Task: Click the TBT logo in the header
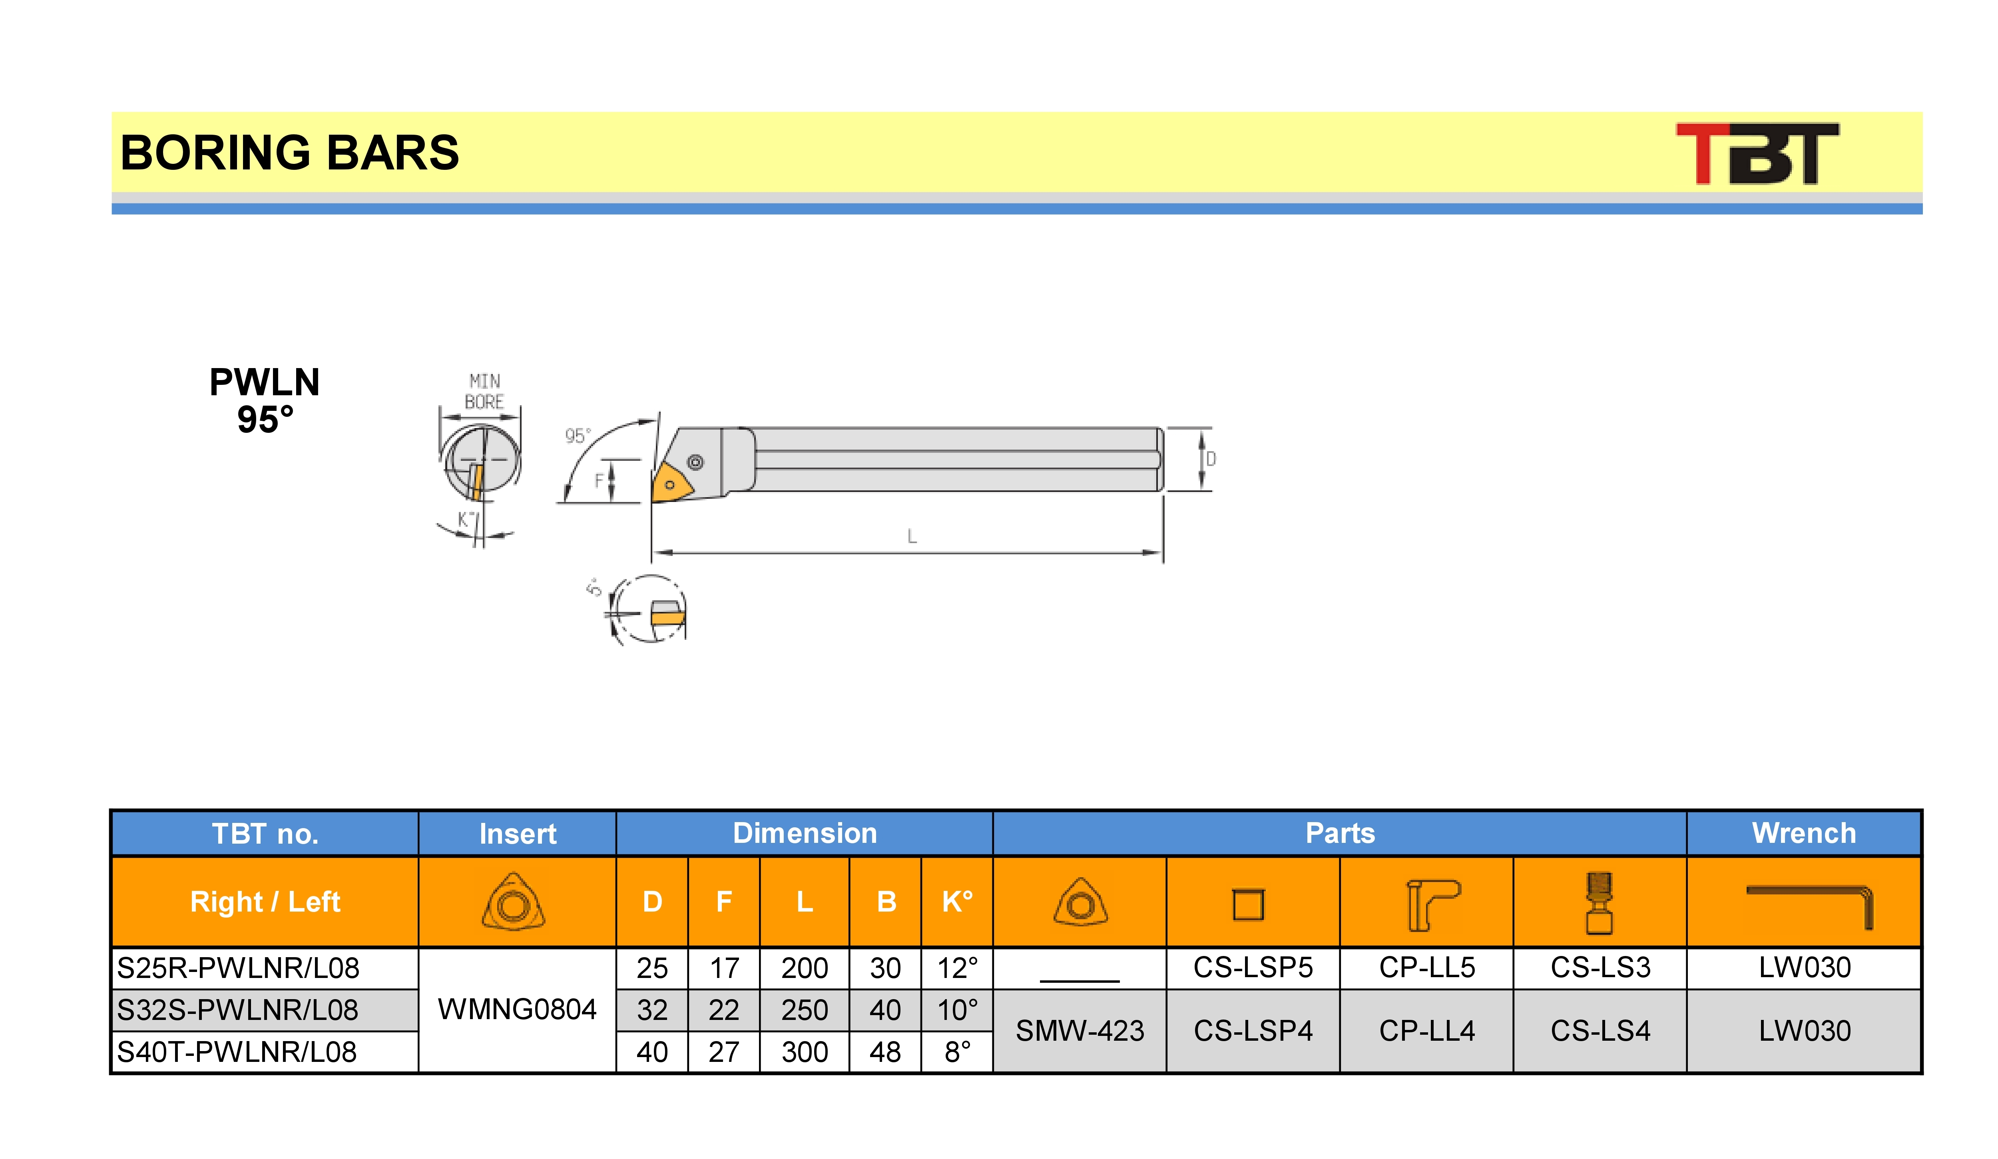point(1757,153)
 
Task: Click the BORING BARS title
point(289,152)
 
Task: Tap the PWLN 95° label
point(265,400)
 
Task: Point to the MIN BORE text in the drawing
point(484,392)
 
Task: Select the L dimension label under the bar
point(912,537)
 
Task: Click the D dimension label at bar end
point(1211,459)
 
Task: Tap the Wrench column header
point(1804,833)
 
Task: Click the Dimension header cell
point(805,833)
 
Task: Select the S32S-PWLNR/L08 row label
point(238,1010)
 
